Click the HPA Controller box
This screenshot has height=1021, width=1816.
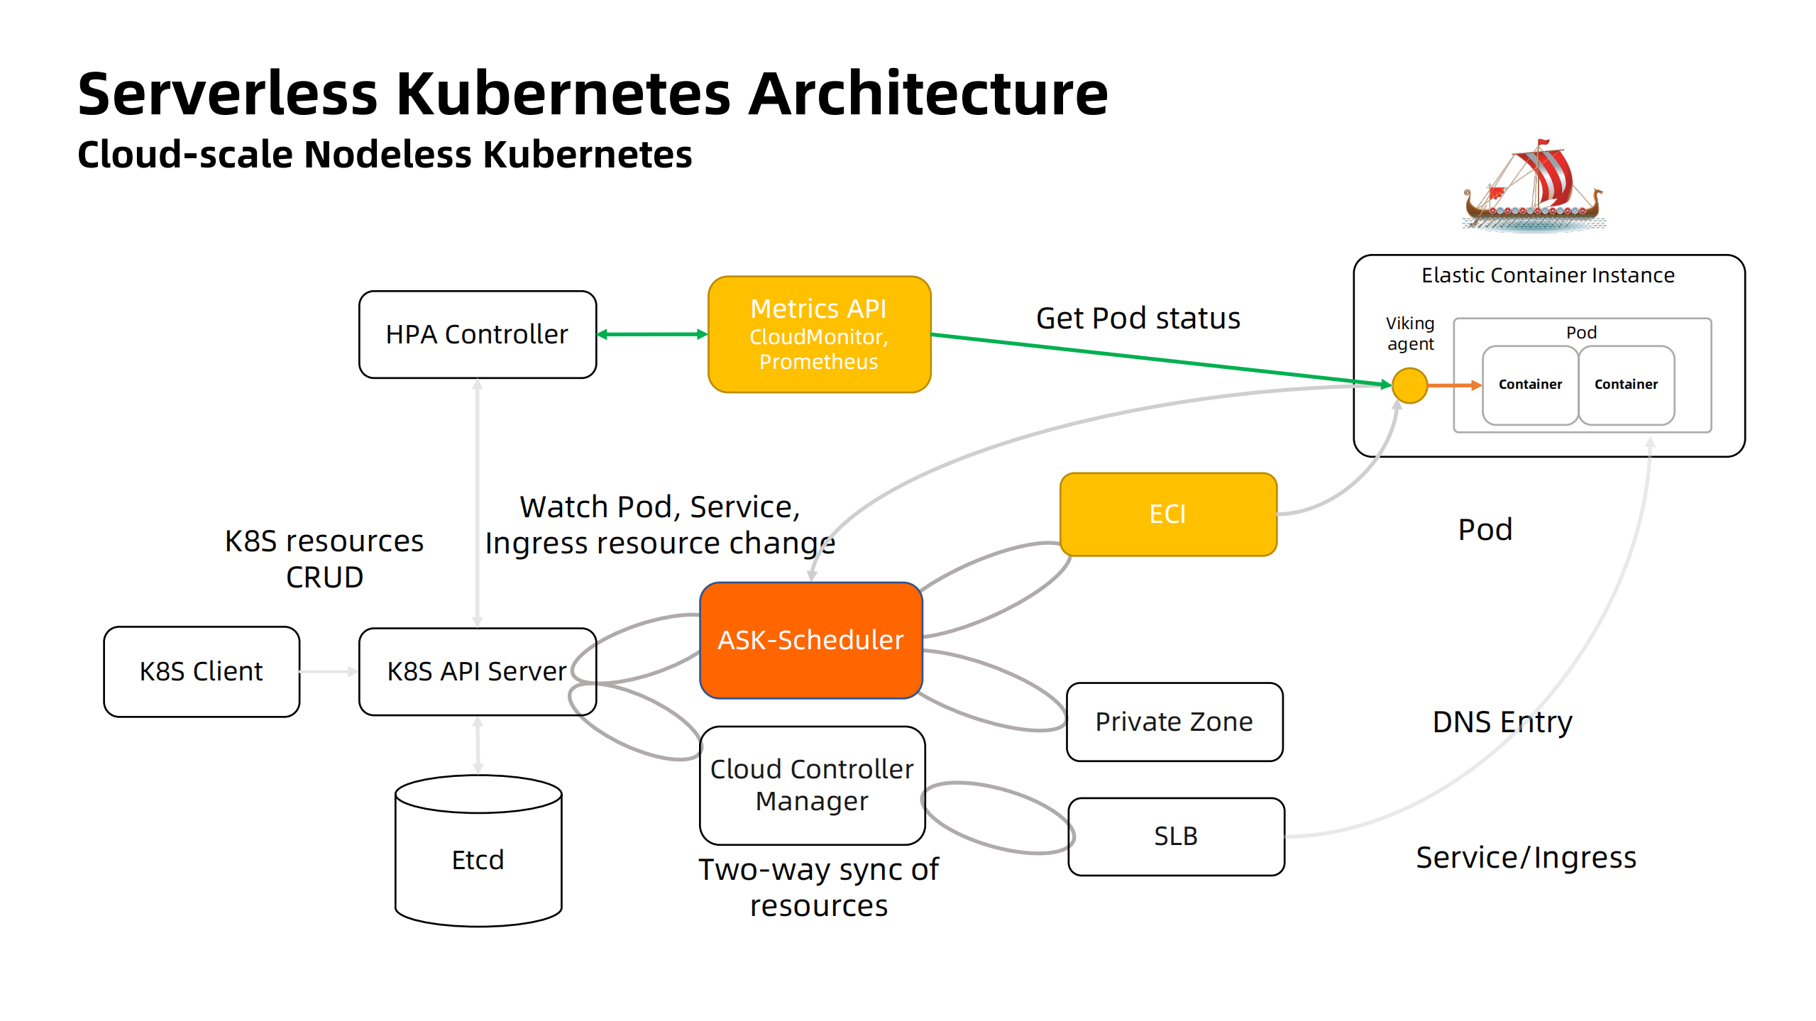pos(477,334)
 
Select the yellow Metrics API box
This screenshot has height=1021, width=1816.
pos(818,334)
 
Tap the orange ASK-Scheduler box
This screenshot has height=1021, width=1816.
pos(810,640)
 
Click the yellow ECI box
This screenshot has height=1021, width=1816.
pos(1167,514)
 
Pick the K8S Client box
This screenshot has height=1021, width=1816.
pos(202,671)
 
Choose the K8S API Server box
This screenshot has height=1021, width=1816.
pos(477,671)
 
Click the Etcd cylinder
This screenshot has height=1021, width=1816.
pos(478,859)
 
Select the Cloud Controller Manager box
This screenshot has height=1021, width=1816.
pos(811,785)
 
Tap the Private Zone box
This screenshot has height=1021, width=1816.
pos(1174,722)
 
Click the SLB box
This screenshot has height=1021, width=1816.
pos(1175,836)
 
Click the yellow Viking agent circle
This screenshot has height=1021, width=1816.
pos(1409,385)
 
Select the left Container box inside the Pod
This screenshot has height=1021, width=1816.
pos(1529,385)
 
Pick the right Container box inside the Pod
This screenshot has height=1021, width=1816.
pos(1626,385)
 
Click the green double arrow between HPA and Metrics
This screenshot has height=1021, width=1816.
pos(651,334)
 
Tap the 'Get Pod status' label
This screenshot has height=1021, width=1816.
pos(1138,318)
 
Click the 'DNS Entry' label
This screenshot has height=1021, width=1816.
pos(1502,722)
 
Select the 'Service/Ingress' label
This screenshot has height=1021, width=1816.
pos(1526,857)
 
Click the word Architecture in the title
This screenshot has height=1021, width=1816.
pos(928,94)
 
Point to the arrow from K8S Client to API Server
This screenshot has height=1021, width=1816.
pos(328,671)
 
